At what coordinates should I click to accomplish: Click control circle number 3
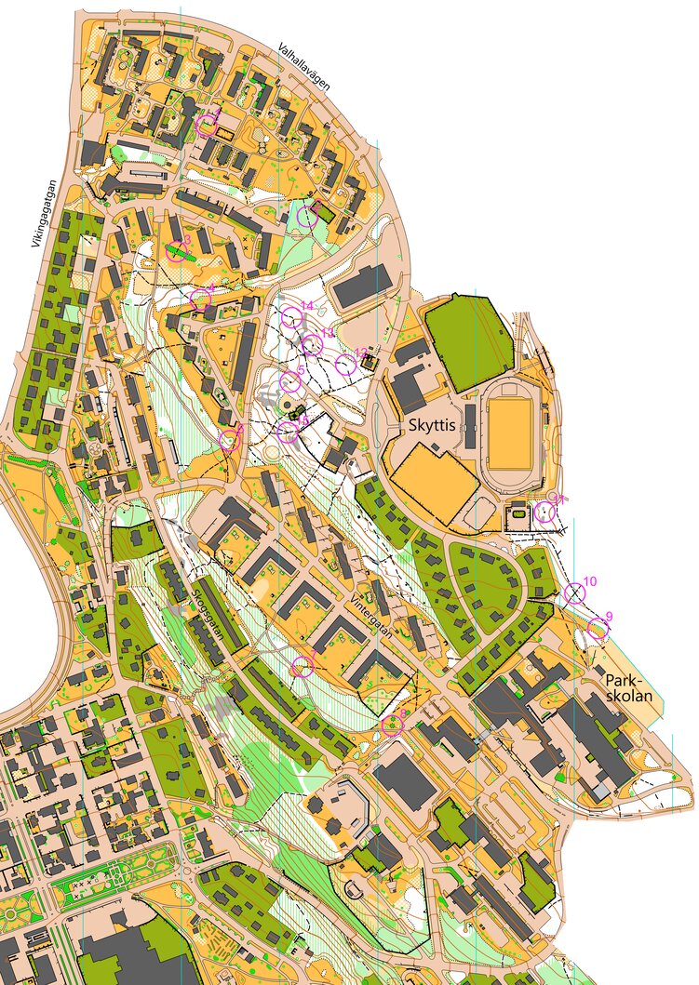176,250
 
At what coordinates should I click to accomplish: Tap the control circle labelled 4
200,299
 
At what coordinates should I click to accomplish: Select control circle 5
290,380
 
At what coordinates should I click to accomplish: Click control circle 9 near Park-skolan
598,630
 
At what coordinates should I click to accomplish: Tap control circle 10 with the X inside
574,592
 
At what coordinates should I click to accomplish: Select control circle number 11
546,511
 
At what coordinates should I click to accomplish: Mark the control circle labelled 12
345,363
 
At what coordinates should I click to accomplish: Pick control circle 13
313,345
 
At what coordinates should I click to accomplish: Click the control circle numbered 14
292,318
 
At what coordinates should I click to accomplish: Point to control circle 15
289,431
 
